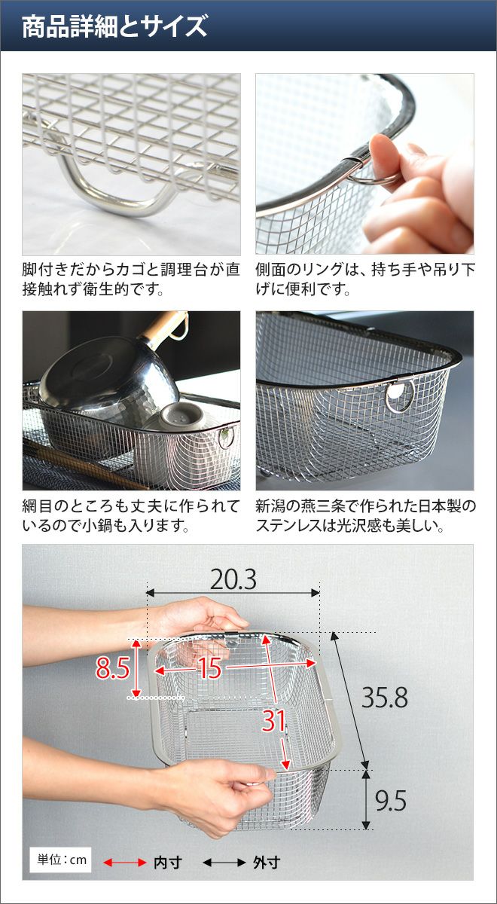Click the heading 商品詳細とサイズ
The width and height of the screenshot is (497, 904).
coord(114,26)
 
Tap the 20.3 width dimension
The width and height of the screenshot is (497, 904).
coord(233,580)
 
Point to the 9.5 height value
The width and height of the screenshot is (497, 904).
coord(391,801)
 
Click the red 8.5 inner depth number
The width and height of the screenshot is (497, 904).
coord(112,668)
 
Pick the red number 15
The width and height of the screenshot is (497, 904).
coord(211,668)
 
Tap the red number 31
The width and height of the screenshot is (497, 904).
coord(273,721)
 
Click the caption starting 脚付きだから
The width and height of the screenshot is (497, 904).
coord(131,279)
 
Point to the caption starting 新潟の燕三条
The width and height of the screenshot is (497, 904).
coord(366,516)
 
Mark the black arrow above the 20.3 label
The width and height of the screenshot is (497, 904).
coord(233,593)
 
